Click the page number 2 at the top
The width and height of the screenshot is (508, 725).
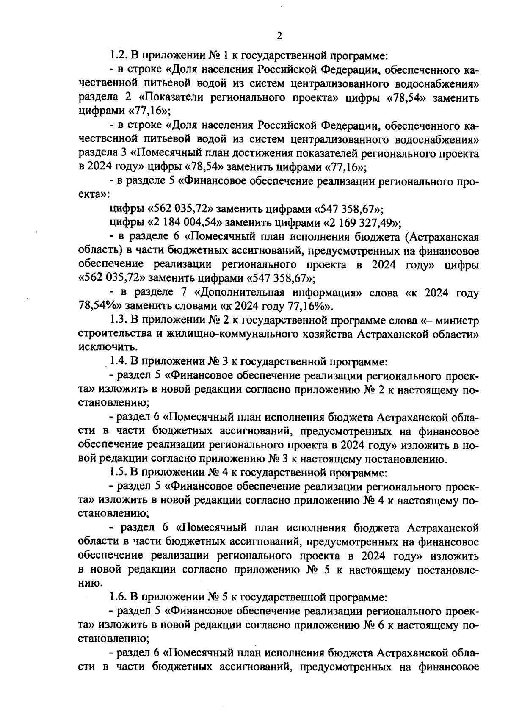click(x=279, y=36)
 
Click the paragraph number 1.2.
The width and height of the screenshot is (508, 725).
click(x=118, y=55)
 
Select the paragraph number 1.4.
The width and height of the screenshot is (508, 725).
click(x=118, y=362)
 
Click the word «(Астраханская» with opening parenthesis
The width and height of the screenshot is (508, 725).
click(x=442, y=236)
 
